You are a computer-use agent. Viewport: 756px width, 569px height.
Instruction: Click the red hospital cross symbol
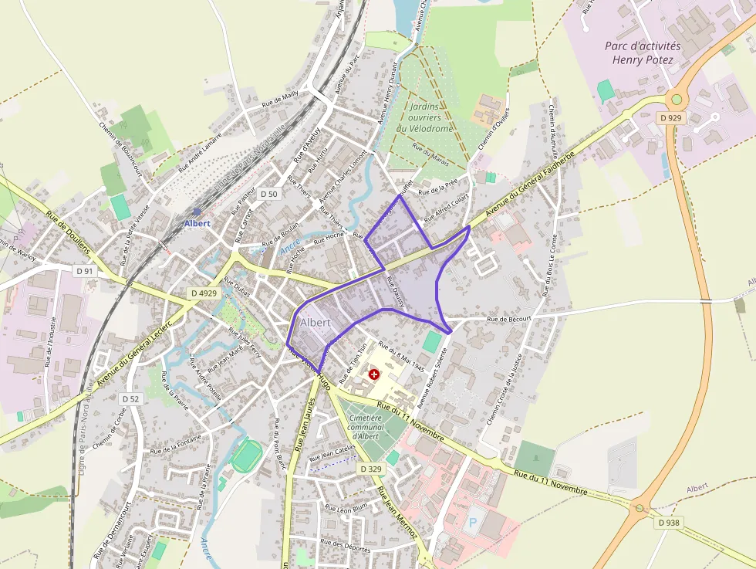pos(374,374)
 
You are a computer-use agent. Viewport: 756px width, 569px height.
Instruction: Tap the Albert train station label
pos(197,223)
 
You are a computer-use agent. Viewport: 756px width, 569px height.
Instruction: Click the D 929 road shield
pos(670,117)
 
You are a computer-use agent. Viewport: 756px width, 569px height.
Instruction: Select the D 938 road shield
pos(670,523)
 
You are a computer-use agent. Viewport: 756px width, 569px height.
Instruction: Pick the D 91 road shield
pos(85,271)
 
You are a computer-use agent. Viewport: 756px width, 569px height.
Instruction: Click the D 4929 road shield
pos(204,293)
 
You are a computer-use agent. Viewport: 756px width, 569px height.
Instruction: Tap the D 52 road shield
pos(131,398)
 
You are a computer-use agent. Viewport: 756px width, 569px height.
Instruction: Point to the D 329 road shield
pos(371,469)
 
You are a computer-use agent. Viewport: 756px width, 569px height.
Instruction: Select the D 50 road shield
pos(268,194)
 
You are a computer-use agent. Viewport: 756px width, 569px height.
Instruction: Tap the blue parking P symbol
pos(473,522)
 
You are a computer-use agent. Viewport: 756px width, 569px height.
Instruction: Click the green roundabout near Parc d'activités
pos(677,98)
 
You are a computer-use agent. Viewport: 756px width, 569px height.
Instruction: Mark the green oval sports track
pos(247,456)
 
